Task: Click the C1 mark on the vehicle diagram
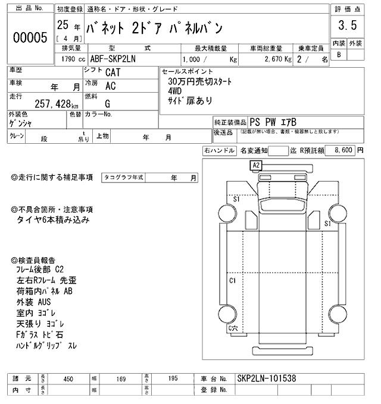(x=233, y=280)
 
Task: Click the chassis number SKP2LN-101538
(x=267, y=378)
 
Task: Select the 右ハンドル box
(x=219, y=151)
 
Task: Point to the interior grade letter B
(x=339, y=55)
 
